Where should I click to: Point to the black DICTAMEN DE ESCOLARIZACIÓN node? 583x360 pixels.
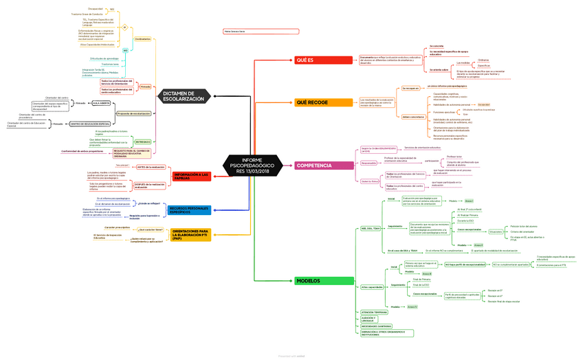[183, 96]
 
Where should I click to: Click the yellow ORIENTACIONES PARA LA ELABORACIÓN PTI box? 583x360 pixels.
[190, 234]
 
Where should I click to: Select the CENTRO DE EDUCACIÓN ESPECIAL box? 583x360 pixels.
[89, 124]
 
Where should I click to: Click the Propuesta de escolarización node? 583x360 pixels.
[133, 113]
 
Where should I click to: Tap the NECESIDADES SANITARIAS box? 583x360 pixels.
[375, 326]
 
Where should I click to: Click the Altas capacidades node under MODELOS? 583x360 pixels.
[372, 286]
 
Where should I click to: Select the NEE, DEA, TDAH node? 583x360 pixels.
[370, 229]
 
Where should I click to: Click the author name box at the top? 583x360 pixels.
[261, 32]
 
